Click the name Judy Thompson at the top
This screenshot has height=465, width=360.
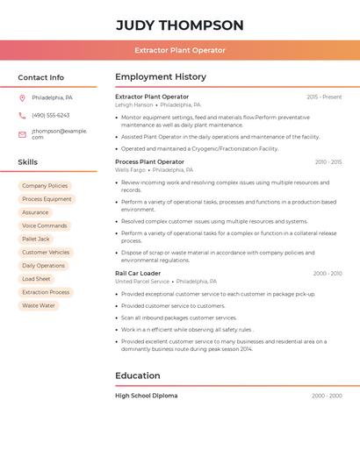(180, 25)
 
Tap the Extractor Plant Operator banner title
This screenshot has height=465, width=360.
(180, 50)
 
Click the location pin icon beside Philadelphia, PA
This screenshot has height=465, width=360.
(22, 97)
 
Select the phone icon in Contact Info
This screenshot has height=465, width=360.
(22, 115)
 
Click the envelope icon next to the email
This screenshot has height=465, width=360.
(22, 134)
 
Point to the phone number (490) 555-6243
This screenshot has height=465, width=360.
(50, 115)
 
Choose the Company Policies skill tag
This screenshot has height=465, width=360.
(45, 186)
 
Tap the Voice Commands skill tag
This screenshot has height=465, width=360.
(45, 225)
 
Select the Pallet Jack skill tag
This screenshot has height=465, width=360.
(36, 239)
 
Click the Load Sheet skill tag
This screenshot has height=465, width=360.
(37, 279)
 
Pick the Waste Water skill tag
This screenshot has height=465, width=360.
(39, 305)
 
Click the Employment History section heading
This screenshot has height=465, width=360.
(160, 76)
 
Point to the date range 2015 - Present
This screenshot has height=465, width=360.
(324, 97)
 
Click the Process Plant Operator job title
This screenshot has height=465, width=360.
(149, 161)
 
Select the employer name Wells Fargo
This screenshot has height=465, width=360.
(130, 169)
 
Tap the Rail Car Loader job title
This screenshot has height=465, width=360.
(138, 273)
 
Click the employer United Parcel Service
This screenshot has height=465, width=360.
(142, 282)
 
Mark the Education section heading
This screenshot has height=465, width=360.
(138, 376)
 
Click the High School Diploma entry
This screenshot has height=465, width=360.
(146, 396)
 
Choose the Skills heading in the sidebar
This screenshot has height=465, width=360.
(28, 162)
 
